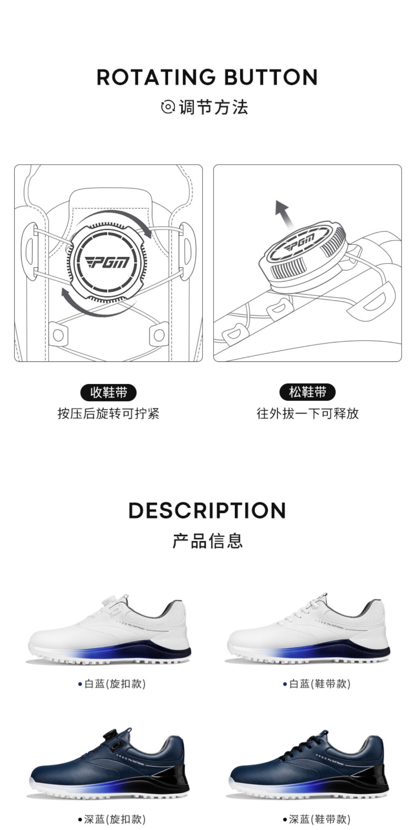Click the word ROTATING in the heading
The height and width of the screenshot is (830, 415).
click(x=156, y=77)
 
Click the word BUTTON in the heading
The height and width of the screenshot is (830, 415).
click(x=270, y=77)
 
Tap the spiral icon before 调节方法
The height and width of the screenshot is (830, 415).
click(x=168, y=107)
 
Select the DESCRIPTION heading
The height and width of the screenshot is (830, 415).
click(x=207, y=511)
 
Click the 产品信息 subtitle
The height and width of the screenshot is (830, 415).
click(x=207, y=541)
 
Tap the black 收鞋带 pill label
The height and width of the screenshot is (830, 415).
click(x=108, y=393)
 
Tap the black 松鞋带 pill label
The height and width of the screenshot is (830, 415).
click(x=307, y=392)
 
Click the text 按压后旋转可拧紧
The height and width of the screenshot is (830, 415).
click(x=108, y=414)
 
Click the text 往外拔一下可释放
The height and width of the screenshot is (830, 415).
click(x=307, y=414)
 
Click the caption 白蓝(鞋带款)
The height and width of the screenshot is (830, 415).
click(x=317, y=684)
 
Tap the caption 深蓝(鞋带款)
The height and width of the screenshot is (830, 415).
click(x=317, y=819)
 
